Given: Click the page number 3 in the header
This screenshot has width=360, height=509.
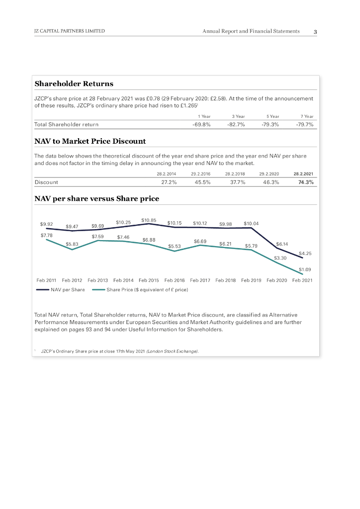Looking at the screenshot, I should tap(315, 32).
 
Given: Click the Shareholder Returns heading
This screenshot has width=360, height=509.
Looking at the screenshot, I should tap(74, 84).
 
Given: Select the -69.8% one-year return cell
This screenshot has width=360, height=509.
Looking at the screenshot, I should tap(201, 124).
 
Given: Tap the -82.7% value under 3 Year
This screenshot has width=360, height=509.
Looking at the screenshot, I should tap(236, 124).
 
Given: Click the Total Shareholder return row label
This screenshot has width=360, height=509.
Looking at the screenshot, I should tap(66, 124).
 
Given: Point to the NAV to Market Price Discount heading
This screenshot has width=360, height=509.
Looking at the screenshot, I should tap(90, 141).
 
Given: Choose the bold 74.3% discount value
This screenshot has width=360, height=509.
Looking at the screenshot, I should tap(305, 182).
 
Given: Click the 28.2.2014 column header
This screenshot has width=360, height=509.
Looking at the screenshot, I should tap(167, 174).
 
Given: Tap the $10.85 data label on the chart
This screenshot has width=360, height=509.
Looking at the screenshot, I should tap(149, 220).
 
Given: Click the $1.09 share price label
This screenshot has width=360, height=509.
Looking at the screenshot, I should tap(305, 269).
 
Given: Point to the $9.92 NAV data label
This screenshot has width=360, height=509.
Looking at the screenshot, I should tap(47, 224).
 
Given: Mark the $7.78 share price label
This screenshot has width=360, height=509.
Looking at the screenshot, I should tap(46, 235).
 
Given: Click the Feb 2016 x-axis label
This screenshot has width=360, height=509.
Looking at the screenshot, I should tap(175, 280).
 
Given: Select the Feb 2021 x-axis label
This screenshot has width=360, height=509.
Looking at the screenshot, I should tap(302, 280).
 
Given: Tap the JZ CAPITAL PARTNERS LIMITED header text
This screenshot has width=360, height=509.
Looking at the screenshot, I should tap(70, 31).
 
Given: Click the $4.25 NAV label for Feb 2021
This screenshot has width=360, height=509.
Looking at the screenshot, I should tap(305, 254).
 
